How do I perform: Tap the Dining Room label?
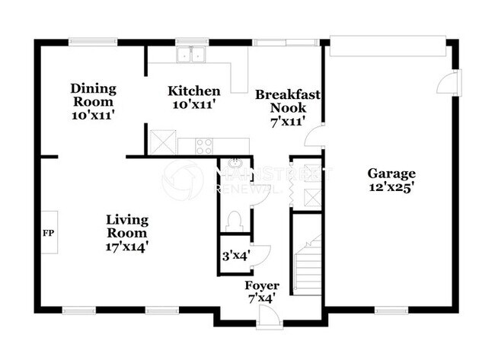point(92,95)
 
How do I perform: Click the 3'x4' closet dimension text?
point(235,256)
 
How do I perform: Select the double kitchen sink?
point(191,55)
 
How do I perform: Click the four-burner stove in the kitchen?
point(203,145)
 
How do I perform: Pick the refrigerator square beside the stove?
point(163,142)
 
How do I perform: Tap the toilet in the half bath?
point(235,220)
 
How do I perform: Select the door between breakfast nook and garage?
point(314,139)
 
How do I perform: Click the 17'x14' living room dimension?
point(126,247)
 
